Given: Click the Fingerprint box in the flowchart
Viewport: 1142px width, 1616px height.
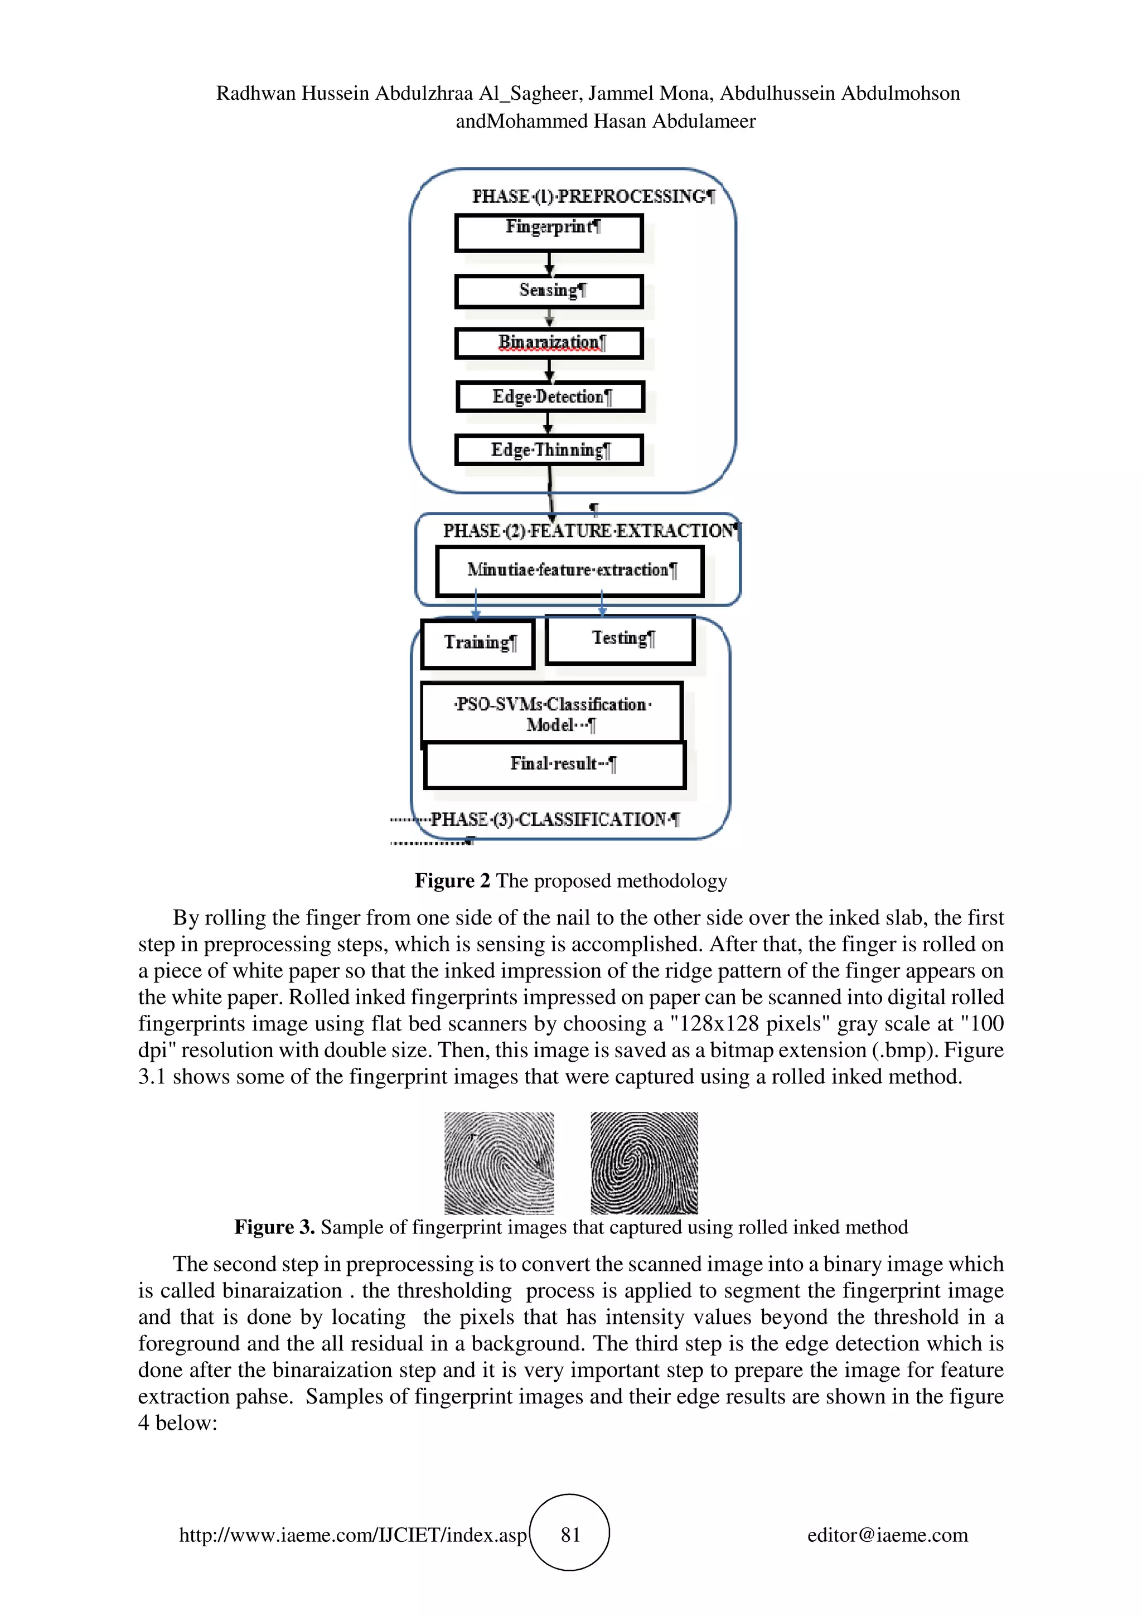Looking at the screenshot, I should coord(549,233).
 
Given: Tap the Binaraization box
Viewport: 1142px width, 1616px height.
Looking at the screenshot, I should coord(549,343).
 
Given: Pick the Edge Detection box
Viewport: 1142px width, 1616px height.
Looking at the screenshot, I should coord(550,397).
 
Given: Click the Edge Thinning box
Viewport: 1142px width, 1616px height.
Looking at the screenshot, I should coord(549,451).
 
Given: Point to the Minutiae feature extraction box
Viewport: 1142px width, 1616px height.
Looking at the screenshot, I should coord(569,571).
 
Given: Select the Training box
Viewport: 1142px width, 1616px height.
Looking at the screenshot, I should coord(478,644).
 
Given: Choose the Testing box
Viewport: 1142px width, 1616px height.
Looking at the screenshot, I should coord(620,639).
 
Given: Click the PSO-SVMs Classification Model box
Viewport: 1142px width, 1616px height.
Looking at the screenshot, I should coord(551,712).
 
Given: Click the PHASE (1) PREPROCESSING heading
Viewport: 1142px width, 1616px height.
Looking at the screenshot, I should coord(592,196).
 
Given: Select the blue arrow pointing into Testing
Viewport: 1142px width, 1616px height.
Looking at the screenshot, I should coord(602,604).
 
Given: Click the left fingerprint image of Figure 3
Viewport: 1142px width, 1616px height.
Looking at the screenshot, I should coord(499,1163).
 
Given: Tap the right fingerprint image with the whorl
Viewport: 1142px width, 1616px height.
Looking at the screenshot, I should coord(644,1163).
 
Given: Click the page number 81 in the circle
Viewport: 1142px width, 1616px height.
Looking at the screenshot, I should coord(570,1535).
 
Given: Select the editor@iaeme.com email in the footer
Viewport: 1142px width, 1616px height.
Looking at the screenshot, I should coord(887,1535).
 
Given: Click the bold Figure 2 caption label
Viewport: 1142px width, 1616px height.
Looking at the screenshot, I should coord(452,881).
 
